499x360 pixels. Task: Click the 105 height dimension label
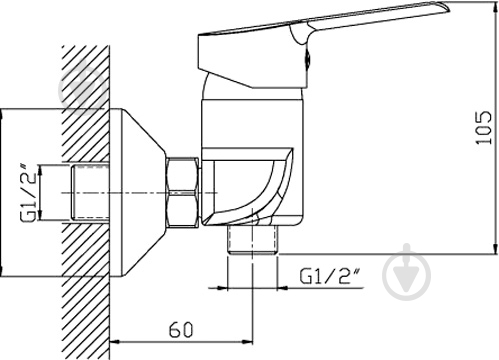pyautogui.click(x=484, y=127)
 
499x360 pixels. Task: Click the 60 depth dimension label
pyautogui.click(x=181, y=330)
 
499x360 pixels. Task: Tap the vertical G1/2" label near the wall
pyautogui.click(x=28, y=193)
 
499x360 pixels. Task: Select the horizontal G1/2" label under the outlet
pyautogui.click(x=331, y=276)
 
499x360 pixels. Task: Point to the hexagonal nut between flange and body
pyautogui.click(x=183, y=193)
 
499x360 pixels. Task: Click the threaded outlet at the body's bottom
pyautogui.click(x=253, y=239)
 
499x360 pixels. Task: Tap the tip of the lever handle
pyautogui.click(x=447, y=7)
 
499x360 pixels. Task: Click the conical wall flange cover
pyautogui.click(x=138, y=193)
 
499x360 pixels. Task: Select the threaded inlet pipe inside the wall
pyautogui.click(x=90, y=193)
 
